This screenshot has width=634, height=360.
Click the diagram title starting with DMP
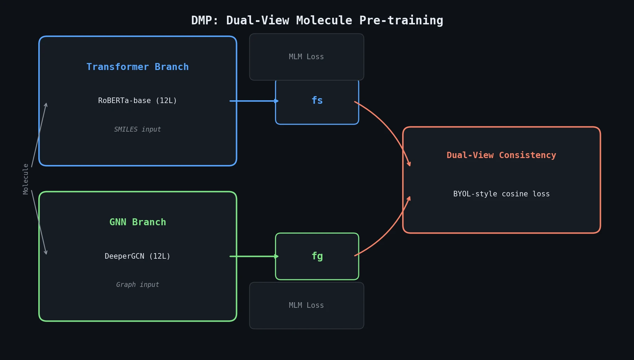pos(317,20)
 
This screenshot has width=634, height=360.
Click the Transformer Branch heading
pos(138,67)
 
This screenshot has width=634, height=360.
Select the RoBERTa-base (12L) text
pos(138,101)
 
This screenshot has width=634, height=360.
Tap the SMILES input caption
pos(138,130)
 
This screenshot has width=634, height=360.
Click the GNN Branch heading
pos(138,222)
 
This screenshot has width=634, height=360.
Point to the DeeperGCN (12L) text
pos(138,256)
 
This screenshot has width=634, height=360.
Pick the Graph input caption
pos(138,285)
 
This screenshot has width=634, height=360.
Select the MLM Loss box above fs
pos(306,57)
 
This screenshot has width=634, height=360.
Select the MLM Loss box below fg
pos(306,305)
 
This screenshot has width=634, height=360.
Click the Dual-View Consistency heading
pos(501,155)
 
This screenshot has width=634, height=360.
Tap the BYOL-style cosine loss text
pos(501,194)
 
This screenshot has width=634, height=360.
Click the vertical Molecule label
pos(26,179)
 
